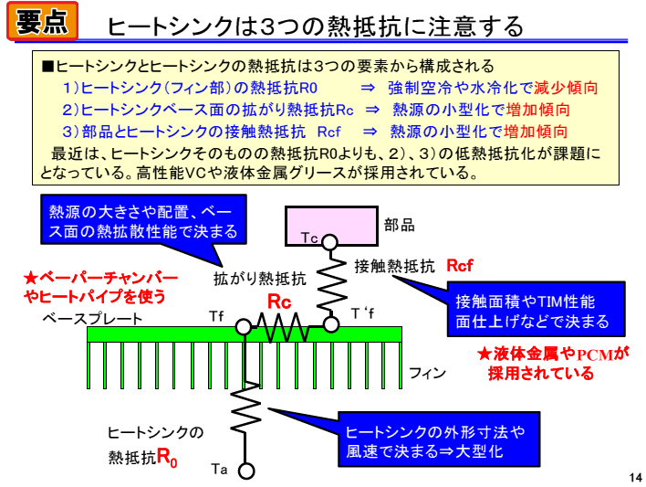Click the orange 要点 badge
coord(42,21)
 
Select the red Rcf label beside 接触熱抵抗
coord(460,266)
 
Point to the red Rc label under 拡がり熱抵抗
coord(278,301)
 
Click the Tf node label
coord(216,316)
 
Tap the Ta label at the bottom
coord(219,470)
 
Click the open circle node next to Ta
coord(245,471)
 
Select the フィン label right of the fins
coord(426,373)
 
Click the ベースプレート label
coord(92,318)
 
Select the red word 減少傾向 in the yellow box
coord(566,89)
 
